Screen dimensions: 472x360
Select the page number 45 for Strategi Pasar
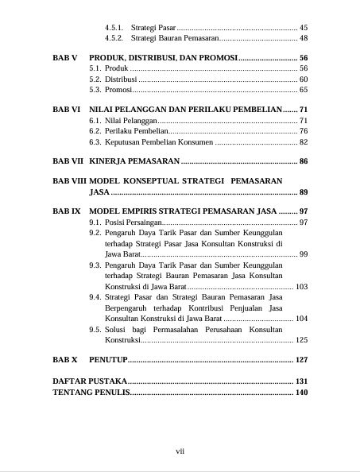[x=304, y=27]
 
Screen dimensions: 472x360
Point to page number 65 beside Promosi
[x=304, y=90]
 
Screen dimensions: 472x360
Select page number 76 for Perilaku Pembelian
[x=304, y=130]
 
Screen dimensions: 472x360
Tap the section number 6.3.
[x=95, y=141]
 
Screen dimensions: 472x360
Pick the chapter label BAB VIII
[x=68, y=181]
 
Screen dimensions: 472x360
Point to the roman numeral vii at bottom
[x=180, y=451]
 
